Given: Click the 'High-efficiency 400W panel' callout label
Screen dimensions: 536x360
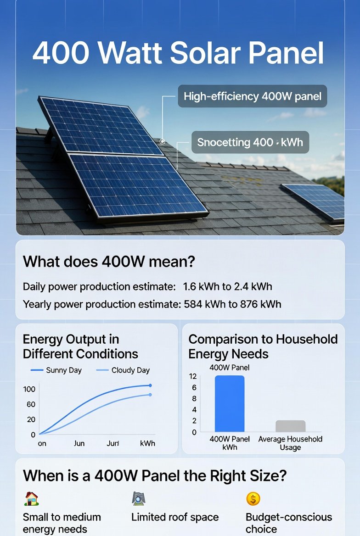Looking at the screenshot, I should tap(252, 96).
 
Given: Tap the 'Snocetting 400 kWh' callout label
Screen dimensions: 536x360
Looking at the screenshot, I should tap(250, 142).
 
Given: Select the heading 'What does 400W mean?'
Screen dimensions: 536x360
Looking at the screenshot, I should tap(109, 262).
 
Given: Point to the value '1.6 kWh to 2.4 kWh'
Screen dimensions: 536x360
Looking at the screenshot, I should tap(227, 287).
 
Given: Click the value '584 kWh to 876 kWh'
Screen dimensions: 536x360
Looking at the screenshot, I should tap(232, 304).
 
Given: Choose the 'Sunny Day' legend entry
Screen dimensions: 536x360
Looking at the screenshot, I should tap(63, 370).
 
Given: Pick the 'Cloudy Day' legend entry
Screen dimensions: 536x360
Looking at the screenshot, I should tap(130, 370).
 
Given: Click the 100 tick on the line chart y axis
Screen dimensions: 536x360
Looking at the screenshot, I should tap(29, 389).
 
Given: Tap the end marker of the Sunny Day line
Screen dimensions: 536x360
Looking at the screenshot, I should tap(150, 385).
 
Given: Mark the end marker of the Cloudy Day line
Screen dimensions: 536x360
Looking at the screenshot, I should tap(150, 395).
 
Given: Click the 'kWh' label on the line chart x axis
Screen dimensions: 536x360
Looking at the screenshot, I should tap(147, 443).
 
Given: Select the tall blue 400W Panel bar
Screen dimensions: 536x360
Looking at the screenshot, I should tap(230, 404).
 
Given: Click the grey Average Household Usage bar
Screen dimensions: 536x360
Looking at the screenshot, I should tap(290, 426).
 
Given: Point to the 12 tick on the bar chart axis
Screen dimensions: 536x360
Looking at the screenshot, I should tap(192, 376).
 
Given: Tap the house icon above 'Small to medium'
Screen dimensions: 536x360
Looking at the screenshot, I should tap(31, 499).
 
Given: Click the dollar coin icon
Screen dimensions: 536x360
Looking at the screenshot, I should tap(253, 498).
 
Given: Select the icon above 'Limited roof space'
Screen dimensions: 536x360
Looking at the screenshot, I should tap(138, 498).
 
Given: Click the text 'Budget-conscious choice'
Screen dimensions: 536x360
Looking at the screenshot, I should tap(288, 523).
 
